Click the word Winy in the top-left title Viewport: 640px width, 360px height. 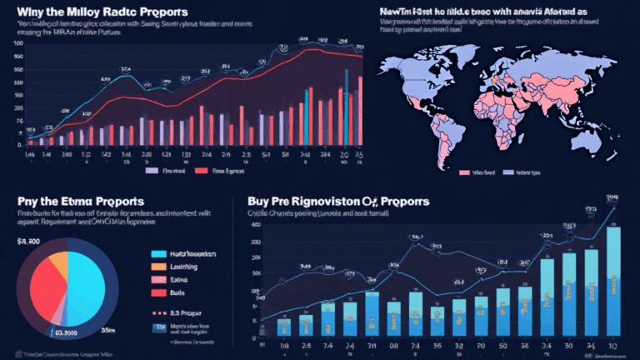(33, 14)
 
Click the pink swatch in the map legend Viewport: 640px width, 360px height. (465, 172)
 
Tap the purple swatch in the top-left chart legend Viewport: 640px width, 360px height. (152, 170)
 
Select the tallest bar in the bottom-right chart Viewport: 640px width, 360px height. (613, 282)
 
